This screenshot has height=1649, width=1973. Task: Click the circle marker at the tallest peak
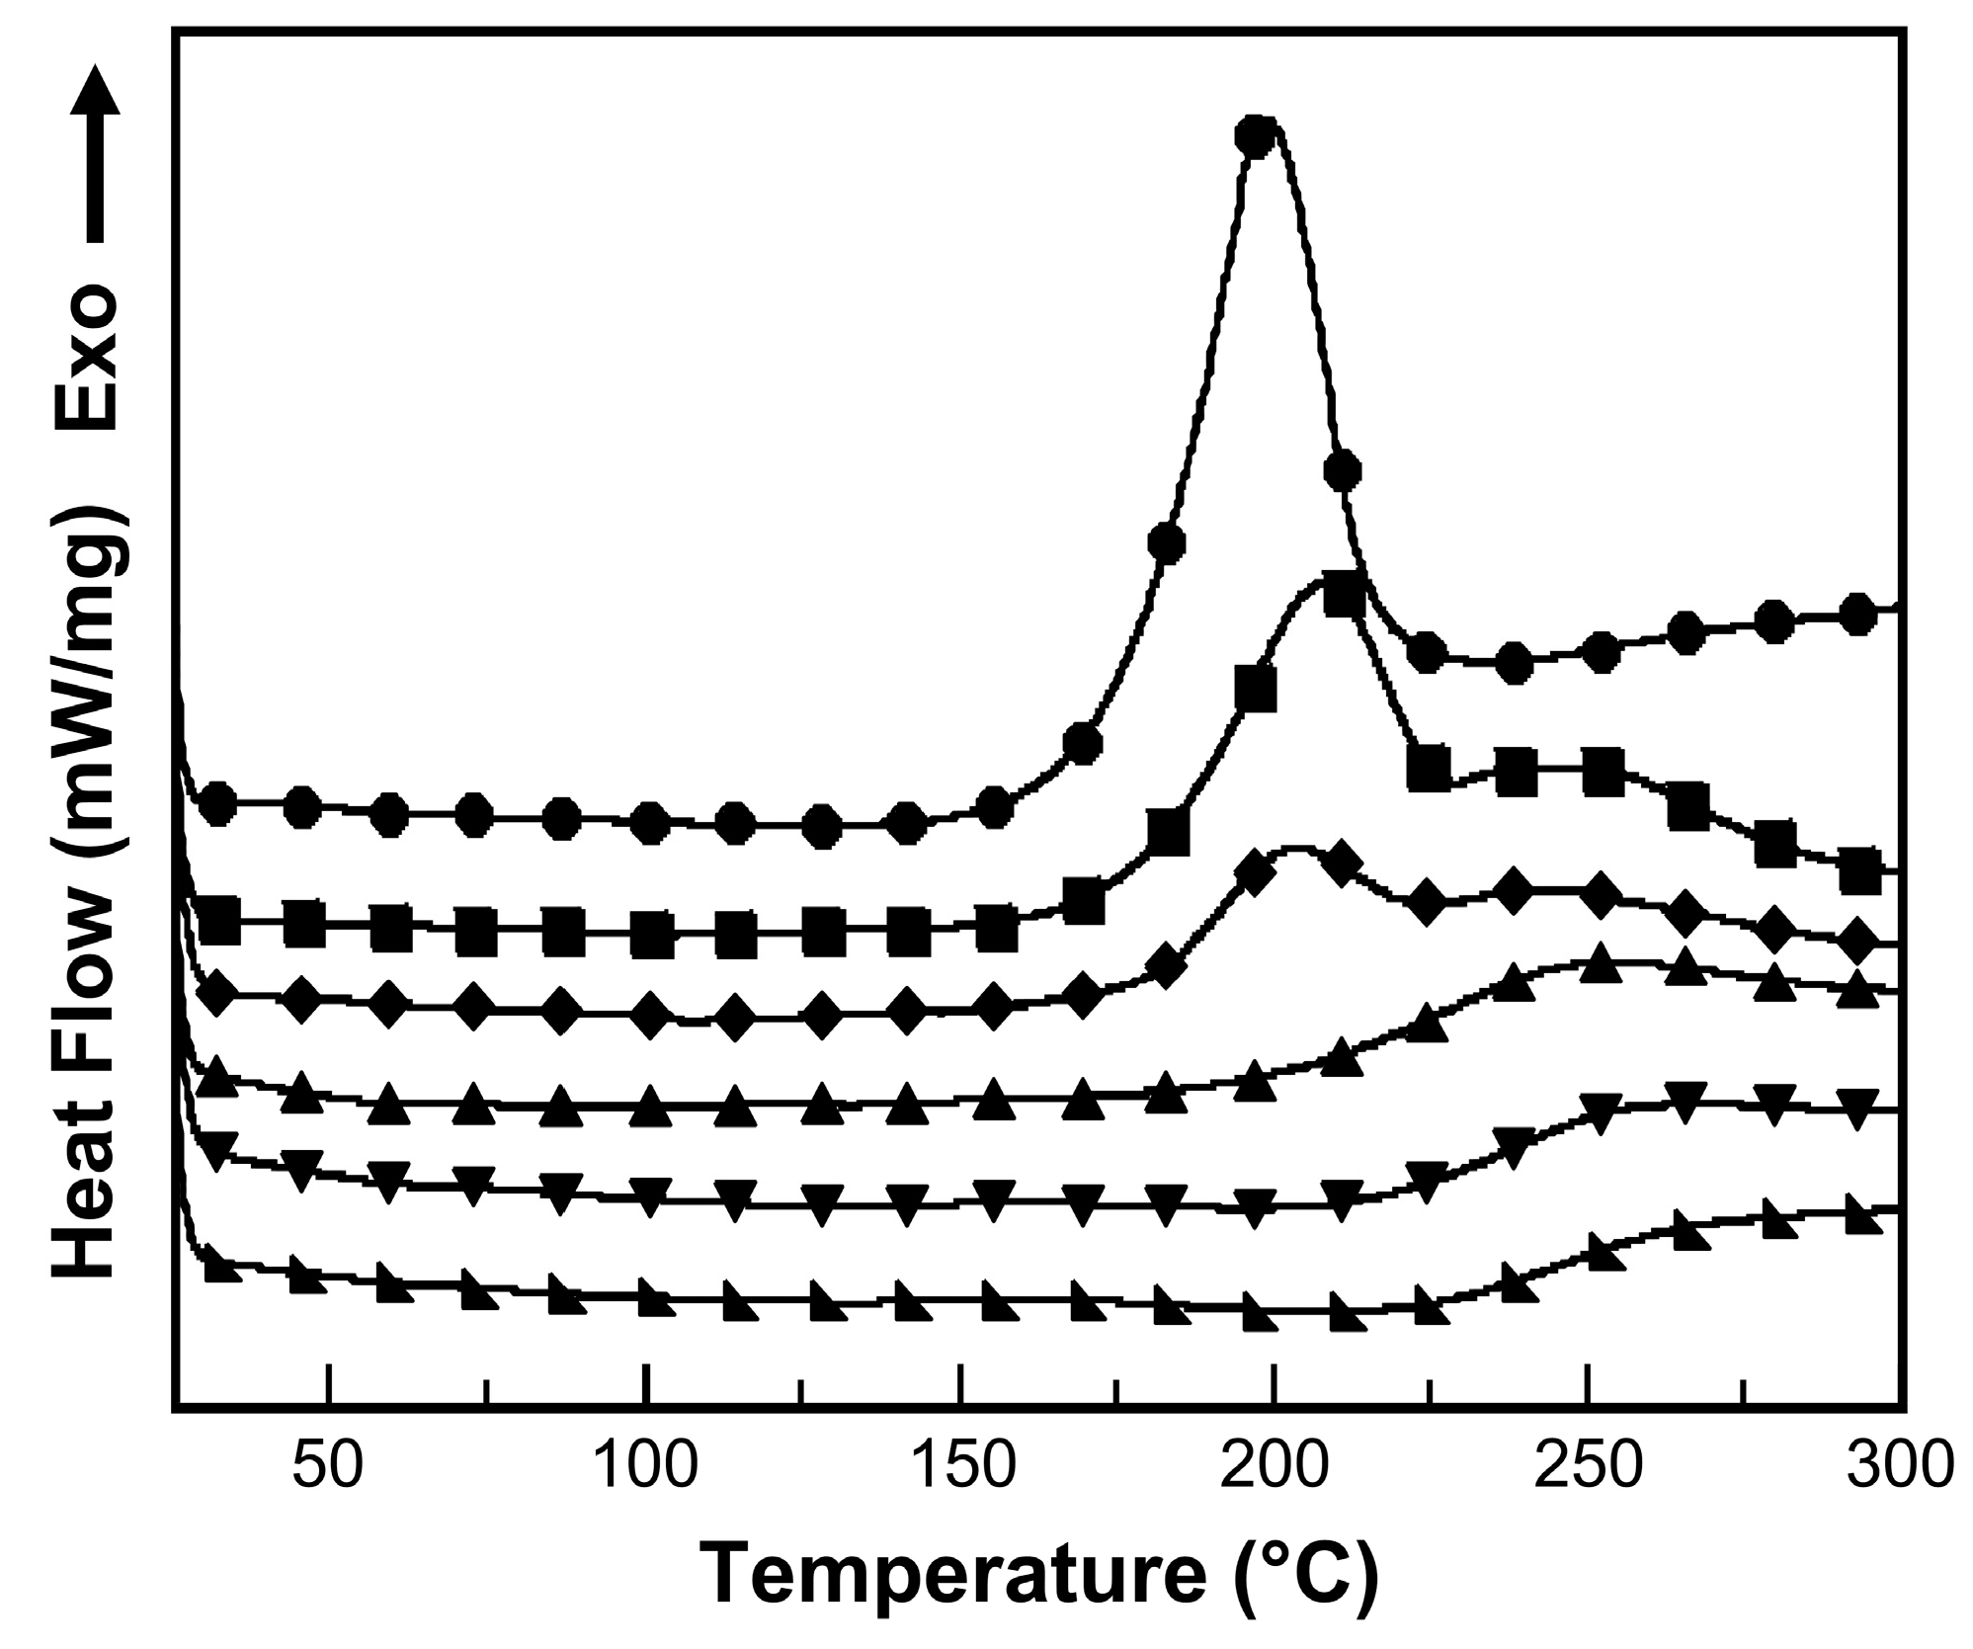[1255, 136]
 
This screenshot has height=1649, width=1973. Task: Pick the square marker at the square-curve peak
[1344, 598]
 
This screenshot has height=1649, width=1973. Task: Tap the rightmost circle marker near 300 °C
[1857, 614]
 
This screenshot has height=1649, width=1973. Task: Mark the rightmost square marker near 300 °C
[1859, 870]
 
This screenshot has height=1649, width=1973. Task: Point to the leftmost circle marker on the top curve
[217, 804]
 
